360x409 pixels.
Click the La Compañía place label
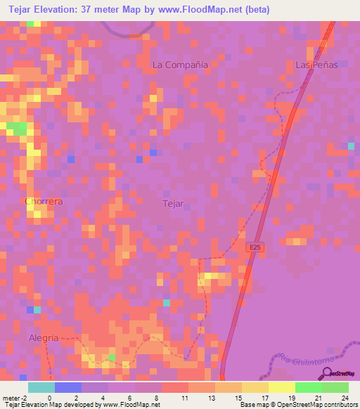(x=181, y=64)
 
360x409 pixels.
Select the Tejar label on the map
(x=173, y=204)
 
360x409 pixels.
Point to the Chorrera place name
(x=44, y=201)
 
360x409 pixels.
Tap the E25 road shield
(x=257, y=248)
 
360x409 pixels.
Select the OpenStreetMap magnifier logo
(x=326, y=374)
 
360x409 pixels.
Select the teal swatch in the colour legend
(x=41, y=387)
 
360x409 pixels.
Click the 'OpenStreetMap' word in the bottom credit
(x=288, y=405)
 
